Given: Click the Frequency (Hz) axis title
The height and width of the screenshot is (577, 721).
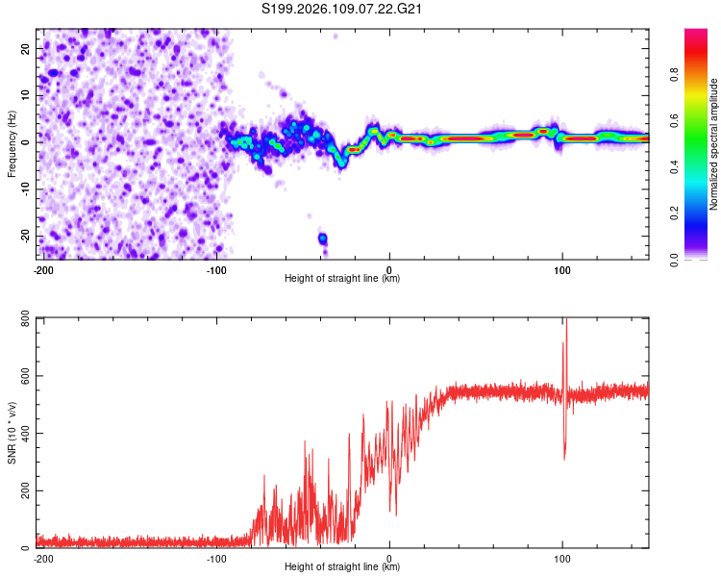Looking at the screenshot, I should click(x=12, y=141).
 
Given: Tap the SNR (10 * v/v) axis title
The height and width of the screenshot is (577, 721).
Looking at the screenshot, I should click(x=12, y=433).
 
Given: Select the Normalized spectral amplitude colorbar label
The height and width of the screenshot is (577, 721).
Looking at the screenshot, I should click(x=713, y=144).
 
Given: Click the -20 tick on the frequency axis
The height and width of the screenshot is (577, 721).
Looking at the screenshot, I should click(x=24, y=236).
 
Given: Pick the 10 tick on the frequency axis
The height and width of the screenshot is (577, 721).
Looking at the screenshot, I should click(x=26, y=95).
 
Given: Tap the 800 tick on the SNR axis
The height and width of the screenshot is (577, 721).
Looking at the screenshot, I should click(x=21, y=319).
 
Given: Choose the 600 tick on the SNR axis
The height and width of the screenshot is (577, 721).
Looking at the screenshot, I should click(x=21, y=376).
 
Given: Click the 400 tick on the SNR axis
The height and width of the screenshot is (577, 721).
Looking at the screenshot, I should click(x=21, y=434).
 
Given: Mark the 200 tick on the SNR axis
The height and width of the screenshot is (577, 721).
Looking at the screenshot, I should click(x=21, y=490).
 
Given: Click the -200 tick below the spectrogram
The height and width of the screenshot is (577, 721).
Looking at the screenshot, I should click(x=42, y=268).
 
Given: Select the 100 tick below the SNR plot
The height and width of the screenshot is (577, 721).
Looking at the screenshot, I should click(x=561, y=557).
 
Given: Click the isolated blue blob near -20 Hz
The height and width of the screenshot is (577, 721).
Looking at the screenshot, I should click(x=323, y=238).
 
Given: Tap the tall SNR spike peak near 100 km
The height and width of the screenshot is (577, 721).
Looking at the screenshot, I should click(x=566, y=322).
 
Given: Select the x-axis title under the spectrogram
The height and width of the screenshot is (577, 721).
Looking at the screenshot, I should click(x=342, y=279).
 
